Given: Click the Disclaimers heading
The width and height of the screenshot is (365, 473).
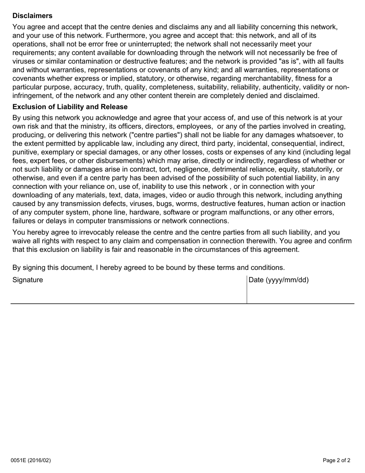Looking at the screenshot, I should [32, 16].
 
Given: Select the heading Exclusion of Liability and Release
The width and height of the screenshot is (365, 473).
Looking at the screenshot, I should [70, 107].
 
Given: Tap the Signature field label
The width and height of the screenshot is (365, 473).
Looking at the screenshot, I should [28, 280].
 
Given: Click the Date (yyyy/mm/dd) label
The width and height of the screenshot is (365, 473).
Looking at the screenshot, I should [279, 280].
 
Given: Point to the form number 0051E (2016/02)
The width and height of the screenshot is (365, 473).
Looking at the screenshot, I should [31, 460].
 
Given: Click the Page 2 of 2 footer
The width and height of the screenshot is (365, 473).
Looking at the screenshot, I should [337, 460].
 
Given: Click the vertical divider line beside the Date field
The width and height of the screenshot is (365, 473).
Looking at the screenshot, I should [247, 289].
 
